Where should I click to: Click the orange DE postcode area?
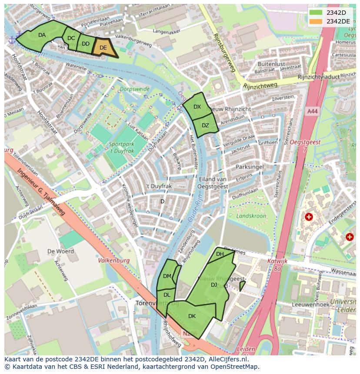103,48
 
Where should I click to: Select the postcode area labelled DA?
42,35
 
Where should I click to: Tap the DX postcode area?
197,107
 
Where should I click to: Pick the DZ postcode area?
205,126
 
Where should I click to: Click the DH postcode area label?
220,254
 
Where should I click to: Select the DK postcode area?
192,316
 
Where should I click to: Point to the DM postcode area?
167,276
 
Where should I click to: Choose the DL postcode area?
167,295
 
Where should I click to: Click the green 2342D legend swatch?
316,13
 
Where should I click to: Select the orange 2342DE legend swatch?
316,21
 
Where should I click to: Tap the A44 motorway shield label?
312,112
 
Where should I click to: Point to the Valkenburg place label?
114,261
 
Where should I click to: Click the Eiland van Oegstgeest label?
213,183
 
